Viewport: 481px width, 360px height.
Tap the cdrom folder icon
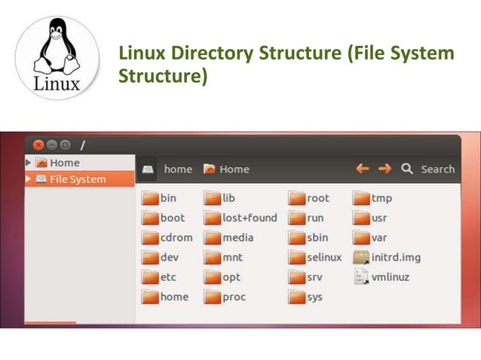coord(150,238)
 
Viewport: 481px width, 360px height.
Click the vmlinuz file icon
coord(360,277)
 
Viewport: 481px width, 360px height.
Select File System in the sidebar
coord(77,179)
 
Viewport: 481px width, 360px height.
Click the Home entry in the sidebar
coord(64,163)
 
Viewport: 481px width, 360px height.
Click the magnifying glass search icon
coord(407,169)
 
